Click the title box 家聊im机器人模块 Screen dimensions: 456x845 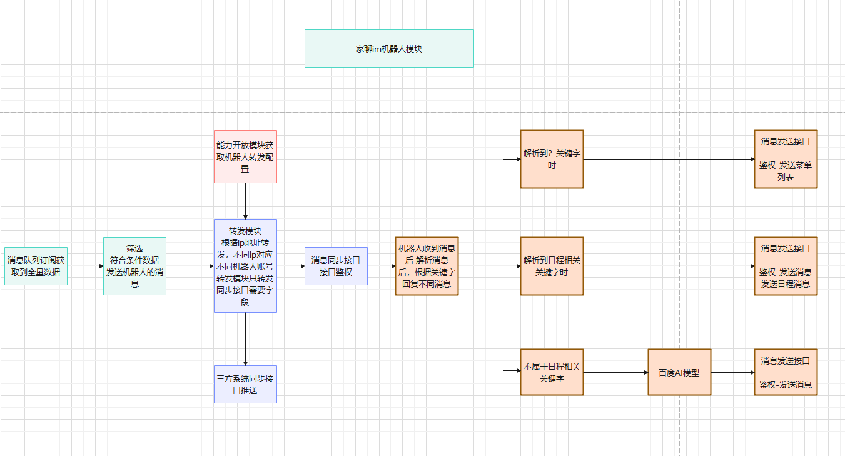click(389, 48)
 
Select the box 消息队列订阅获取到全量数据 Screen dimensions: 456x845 click(36, 266)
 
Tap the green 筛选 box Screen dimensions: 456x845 click(134, 266)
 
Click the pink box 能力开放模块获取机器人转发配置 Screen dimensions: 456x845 click(245, 156)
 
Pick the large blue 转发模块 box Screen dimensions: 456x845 click(245, 266)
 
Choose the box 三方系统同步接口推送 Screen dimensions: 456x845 click(245, 384)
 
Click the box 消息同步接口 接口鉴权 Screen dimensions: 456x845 click(336, 266)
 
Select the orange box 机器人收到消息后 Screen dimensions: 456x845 click(427, 266)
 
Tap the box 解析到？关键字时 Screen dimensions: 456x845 click(552, 159)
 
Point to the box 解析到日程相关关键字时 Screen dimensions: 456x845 click(552, 266)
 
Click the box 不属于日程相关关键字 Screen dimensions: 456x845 click(552, 372)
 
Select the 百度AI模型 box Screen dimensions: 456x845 click(679, 372)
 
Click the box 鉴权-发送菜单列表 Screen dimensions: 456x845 click(786, 159)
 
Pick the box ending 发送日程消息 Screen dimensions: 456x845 click(786, 266)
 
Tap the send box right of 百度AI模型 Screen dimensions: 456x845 click(786, 372)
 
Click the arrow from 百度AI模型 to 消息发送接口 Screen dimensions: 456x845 click(732, 372)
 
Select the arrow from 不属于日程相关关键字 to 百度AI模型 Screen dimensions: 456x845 click(615, 372)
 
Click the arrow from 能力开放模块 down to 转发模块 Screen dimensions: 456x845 click(245, 201)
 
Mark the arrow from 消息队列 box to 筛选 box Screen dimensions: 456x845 click(85, 266)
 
